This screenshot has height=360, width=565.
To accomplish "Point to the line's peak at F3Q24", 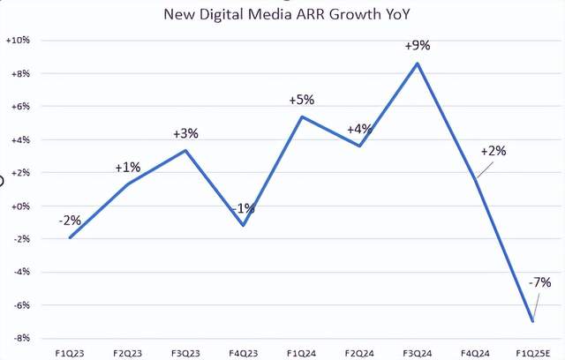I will pyautogui.click(x=418, y=63).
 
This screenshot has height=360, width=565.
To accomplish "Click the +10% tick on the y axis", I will pyautogui.click(x=19, y=41).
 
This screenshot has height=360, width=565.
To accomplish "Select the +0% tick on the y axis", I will pyautogui.click(x=19, y=206).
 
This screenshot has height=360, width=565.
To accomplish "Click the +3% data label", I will pyautogui.click(x=185, y=134).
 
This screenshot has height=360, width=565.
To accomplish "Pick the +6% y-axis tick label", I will pyautogui.click(x=19, y=107).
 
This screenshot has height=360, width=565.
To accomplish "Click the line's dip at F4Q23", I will pyautogui.click(x=244, y=225).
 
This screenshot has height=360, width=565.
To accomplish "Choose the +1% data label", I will pyautogui.click(x=128, y=167).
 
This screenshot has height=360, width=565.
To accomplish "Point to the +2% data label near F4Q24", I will pyautogui.click(x=493, y=151).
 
